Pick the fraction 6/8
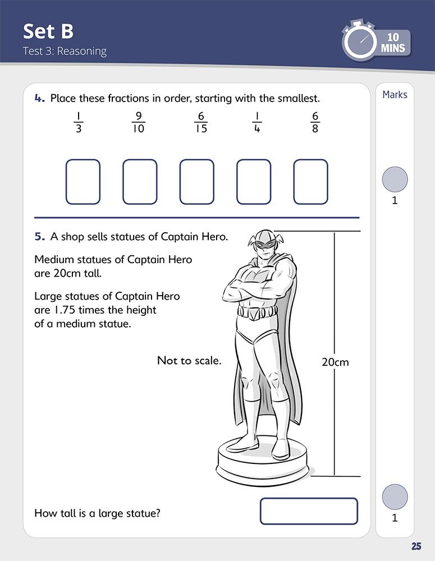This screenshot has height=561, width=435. coord(315,122)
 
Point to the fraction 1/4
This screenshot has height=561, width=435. coord(257,122)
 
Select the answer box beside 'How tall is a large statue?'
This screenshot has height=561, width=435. coord(309,512)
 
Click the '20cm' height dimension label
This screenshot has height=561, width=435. coord(335,362)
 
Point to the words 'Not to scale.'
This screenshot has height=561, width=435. coord(189,361)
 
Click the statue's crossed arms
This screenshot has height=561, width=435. coord(258,291)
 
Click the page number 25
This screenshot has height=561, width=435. coord(416,546)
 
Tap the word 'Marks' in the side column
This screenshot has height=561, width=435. coord(395,95)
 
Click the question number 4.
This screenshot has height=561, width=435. coord(39,99)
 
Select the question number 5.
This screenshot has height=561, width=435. coord(39,237)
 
